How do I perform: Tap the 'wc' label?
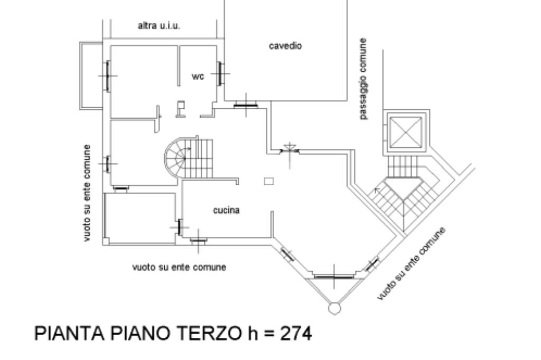[198, 77]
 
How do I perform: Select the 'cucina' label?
[226, 211]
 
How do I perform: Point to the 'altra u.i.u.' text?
[158, 25]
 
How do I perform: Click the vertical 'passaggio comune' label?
[363, 78]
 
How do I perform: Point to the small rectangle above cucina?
[269, 181]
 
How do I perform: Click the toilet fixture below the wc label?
[181, 108]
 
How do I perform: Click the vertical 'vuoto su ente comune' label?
[87, 193]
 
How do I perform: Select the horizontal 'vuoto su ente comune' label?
[179, 267]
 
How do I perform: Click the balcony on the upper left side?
[90, 75]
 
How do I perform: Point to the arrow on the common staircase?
[377, 188]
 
